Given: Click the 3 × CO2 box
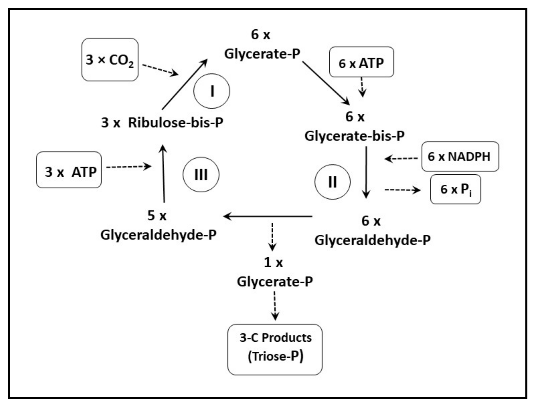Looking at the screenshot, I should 110,60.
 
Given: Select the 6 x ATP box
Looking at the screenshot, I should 361,62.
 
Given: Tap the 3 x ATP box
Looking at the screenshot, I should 69,170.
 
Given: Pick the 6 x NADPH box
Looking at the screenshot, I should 460,157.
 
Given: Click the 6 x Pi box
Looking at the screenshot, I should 455,189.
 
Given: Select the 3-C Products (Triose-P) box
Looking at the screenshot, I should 275,349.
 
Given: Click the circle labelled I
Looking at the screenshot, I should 211,91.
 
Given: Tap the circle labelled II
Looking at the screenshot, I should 332,182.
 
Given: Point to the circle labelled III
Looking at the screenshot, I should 201,175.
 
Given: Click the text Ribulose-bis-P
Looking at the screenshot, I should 175,123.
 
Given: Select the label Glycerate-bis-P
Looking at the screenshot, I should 354,136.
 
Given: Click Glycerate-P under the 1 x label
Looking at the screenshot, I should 275,281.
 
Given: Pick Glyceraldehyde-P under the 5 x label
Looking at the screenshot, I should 158,235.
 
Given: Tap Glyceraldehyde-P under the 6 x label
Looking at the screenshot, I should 372,240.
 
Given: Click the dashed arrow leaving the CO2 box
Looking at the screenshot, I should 160,70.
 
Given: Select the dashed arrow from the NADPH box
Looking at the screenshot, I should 401,159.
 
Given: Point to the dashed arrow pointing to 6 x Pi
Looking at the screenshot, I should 402,190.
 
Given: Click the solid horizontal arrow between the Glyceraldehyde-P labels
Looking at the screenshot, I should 268,216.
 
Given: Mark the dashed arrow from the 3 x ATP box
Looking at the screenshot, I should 128,167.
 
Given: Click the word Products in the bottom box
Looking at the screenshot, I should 286,338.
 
